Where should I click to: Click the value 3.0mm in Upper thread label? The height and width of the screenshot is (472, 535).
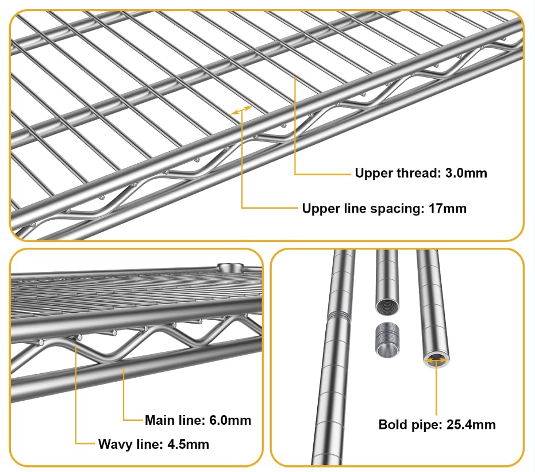(466, 173)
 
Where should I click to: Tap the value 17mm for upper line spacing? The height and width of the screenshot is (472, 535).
(447, 209)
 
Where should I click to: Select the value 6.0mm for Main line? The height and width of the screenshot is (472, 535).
(230, 420)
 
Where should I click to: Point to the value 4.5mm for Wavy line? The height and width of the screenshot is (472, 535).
(188, 444)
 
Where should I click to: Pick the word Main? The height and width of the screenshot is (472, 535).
(160, 420)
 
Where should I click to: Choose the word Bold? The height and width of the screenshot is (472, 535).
(392, 424)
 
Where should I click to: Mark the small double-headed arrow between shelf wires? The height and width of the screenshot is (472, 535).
(241, 110)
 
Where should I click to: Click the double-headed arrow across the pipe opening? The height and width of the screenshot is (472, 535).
(436, 359)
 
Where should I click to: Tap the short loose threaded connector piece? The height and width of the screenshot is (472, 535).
(387, 340)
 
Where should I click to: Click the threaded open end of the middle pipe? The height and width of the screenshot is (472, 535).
(387, 305)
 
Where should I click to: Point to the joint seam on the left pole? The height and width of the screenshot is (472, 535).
(339, 316)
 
